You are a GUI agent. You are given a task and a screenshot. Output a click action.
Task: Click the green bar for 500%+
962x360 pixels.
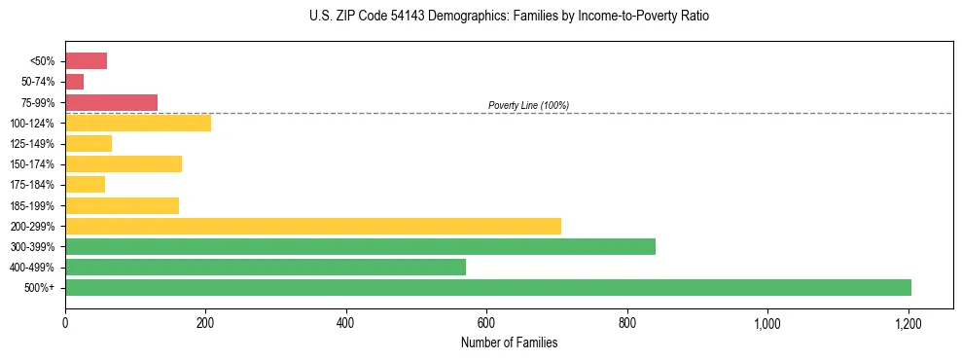[487, 287]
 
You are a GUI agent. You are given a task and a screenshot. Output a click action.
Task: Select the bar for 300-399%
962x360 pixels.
[360, 246]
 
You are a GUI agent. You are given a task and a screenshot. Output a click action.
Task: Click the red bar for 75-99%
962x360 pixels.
[111, 102]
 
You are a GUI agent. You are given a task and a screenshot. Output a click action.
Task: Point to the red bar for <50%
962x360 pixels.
[86, 61]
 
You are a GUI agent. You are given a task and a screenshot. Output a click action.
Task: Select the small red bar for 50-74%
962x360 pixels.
[74, 82]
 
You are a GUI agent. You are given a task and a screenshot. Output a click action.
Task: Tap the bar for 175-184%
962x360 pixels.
[85, 185]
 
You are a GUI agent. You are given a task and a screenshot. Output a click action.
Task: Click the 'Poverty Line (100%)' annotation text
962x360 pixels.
[528, 105]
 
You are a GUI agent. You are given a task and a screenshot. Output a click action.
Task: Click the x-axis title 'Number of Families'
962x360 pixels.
[509, 342]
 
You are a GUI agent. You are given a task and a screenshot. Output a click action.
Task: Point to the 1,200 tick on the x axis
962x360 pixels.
[909, 322]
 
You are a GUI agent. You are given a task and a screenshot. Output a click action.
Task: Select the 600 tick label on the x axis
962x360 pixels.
[486, 322]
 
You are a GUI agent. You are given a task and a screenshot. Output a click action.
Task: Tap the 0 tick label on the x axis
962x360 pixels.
[65, 322]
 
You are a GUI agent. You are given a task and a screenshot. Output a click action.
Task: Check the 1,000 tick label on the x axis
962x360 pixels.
[767, 322]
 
